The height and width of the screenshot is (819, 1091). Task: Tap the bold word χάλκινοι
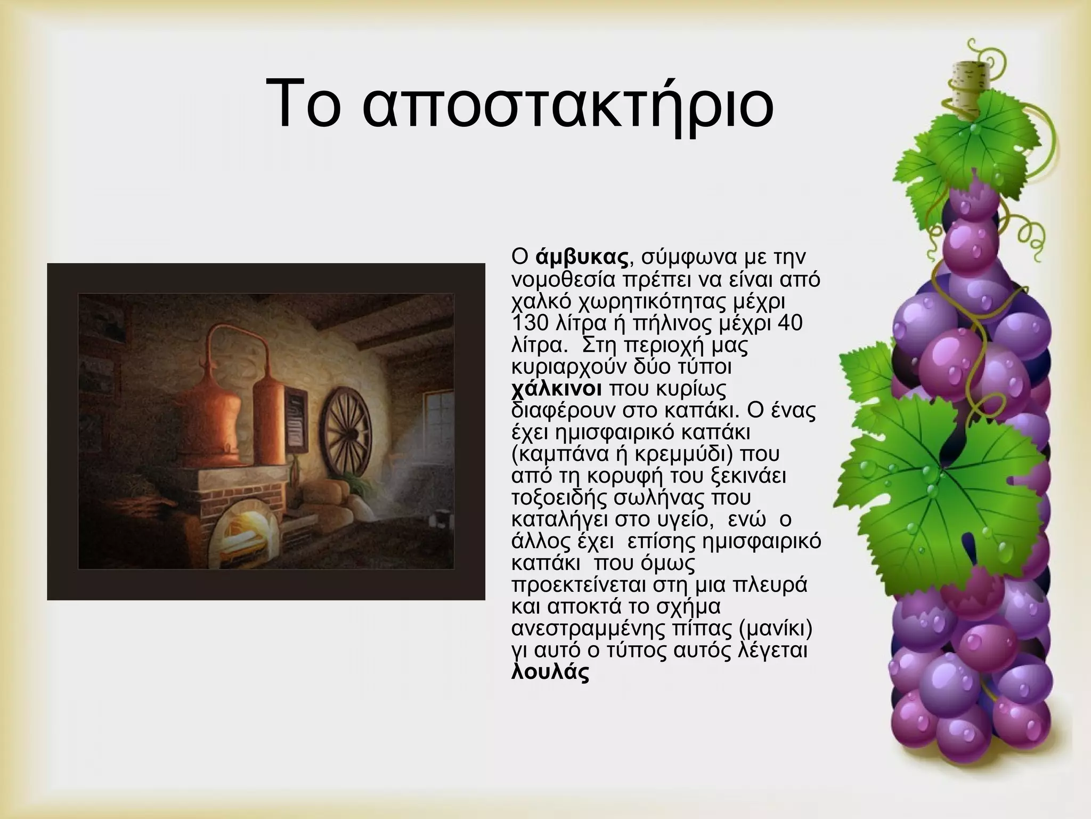[556, 389]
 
